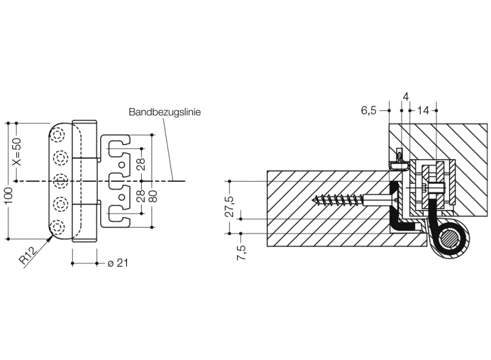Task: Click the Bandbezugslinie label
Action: tap(165, 112)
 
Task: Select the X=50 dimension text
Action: tap(16, 152)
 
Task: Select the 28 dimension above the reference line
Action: tap(141, 164)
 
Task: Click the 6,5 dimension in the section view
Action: tap(368, 110)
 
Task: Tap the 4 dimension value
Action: tap(406, 98)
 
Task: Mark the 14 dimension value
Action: tap(424, 110)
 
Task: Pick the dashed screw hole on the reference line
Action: tap(59, 181)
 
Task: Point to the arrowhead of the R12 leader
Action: tap(47, 239)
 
